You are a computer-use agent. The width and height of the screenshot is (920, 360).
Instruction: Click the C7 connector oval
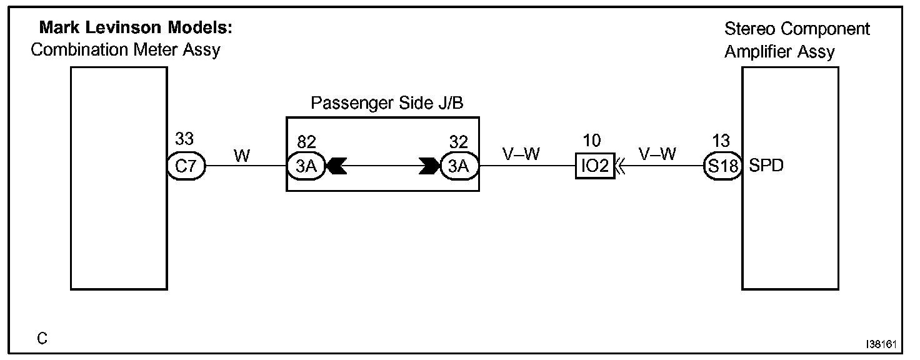(x=186, y=166)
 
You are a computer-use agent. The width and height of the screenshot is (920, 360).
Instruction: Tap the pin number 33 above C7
(x=184, y=139)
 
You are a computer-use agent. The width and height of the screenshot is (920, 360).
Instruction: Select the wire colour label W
(x=242, y=155)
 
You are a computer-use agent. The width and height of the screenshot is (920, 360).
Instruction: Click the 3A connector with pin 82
(x=306, y=166)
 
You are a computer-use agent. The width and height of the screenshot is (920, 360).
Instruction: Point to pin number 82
(x=306, y=142)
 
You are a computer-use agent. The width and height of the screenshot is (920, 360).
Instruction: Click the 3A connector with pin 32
(x=459, y=166)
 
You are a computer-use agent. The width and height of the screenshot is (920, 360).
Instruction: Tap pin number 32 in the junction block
(x=458, y=142)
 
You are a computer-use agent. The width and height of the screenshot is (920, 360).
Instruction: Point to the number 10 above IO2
(x=591, y=140)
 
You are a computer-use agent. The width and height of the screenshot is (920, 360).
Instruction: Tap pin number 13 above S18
(x=721, y=140)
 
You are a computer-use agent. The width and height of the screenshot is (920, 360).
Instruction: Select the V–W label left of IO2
(x=521, y=154)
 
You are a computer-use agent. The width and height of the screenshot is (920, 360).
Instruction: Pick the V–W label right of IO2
(x=657, y=154)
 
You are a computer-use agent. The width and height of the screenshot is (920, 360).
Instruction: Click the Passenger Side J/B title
(x=387, y=103)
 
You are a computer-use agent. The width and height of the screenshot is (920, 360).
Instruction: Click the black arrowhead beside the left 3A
(x=337, y=166)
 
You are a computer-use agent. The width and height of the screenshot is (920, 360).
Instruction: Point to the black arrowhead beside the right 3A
(x=429, y=166)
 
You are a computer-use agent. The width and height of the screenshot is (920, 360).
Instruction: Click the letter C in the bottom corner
(x=42, y=339)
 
